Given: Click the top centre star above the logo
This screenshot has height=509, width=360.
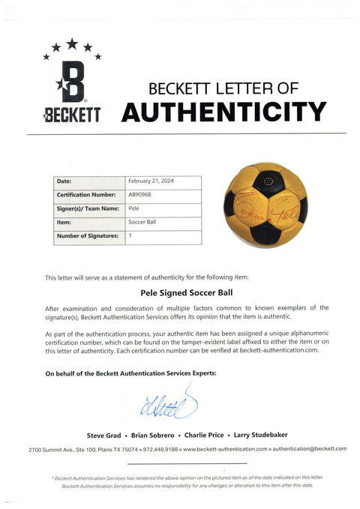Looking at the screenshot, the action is (72, 43).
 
